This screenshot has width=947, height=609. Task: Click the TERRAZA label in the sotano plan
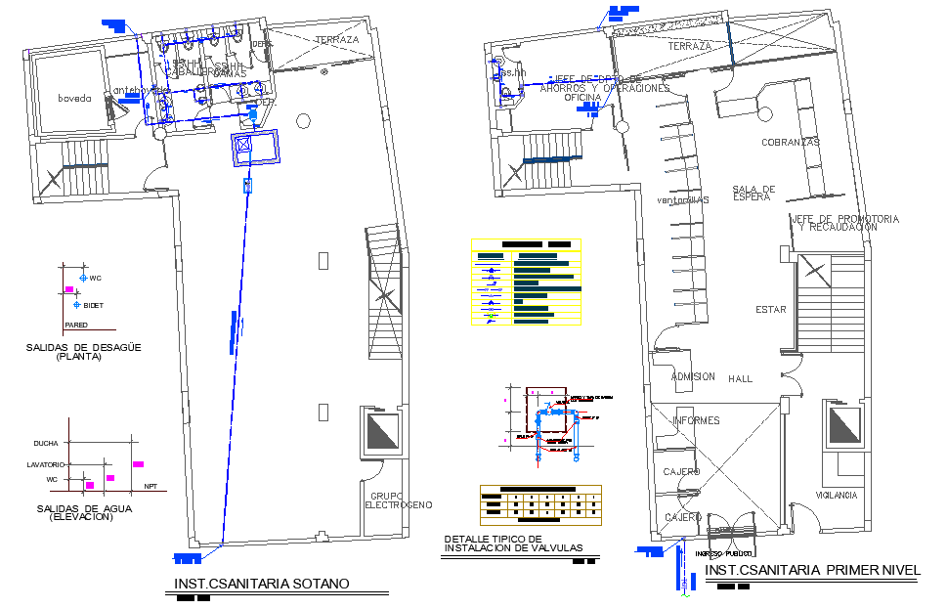336,40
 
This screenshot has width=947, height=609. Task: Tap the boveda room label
73,98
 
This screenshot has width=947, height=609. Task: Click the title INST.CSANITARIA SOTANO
261,585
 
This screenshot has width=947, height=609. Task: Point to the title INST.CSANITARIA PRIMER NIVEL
812,570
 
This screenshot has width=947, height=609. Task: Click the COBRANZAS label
790,143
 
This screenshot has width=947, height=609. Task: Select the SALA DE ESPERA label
753,193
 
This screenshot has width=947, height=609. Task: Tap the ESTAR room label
770,310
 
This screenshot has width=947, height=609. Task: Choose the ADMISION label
693,376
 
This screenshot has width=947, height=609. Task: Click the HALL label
740,379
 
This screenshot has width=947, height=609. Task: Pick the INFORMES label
696,421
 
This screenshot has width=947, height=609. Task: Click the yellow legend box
526,283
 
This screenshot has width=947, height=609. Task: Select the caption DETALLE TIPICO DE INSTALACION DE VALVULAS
512,544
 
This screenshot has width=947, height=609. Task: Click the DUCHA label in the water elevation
46,443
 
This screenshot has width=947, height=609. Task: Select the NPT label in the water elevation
151,486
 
